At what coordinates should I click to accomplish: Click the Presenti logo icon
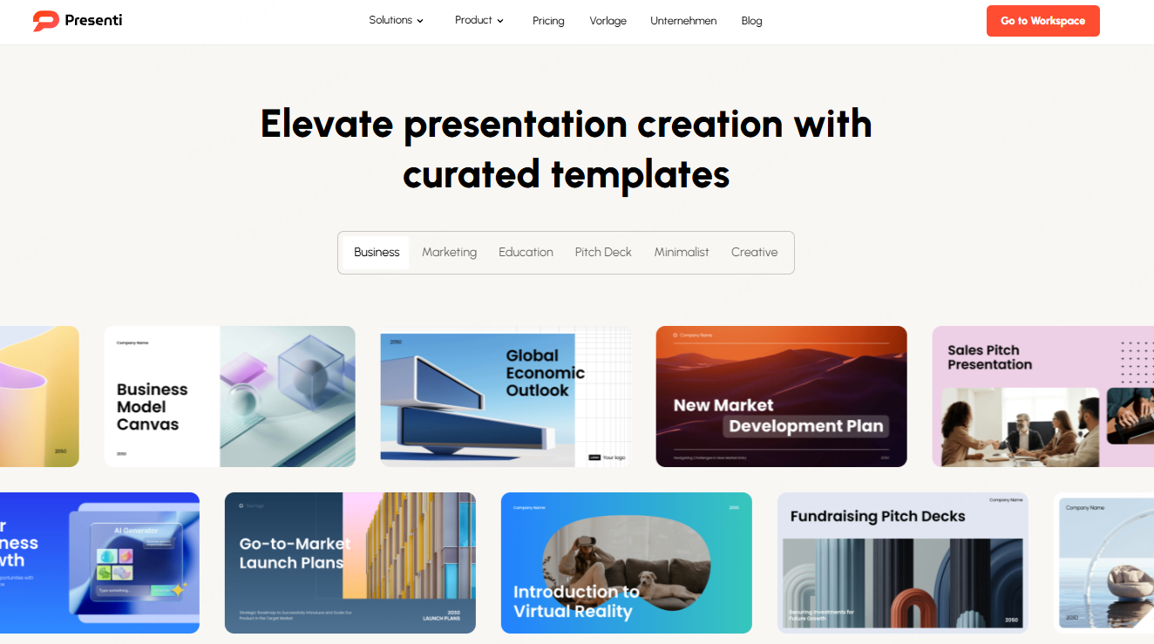pos(45,21)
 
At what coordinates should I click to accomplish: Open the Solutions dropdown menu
pos(396,20)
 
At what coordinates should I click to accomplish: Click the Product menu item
pos(479,20)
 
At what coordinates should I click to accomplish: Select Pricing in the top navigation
pos(548,21)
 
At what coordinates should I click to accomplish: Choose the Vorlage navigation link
pos(608,21)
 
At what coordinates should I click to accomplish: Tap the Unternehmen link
pos(683,21)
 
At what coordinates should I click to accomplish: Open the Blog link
pos(751,21)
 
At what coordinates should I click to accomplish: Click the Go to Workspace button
pos(1042,21)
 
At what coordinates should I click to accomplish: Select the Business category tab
pos(377,252)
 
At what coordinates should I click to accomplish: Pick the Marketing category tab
pos(449,252)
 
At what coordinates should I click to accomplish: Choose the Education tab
pos(526,252)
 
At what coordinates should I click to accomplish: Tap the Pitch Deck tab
pos(603,252)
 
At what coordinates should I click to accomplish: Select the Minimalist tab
pos(682,252)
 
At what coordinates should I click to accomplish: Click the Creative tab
pos(754,252)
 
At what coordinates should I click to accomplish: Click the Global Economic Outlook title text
pos(545,373)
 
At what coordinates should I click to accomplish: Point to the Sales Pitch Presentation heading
pos(989,357)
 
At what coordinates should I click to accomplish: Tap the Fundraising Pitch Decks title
pos(878,516)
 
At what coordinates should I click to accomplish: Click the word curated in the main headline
pos(472,174)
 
